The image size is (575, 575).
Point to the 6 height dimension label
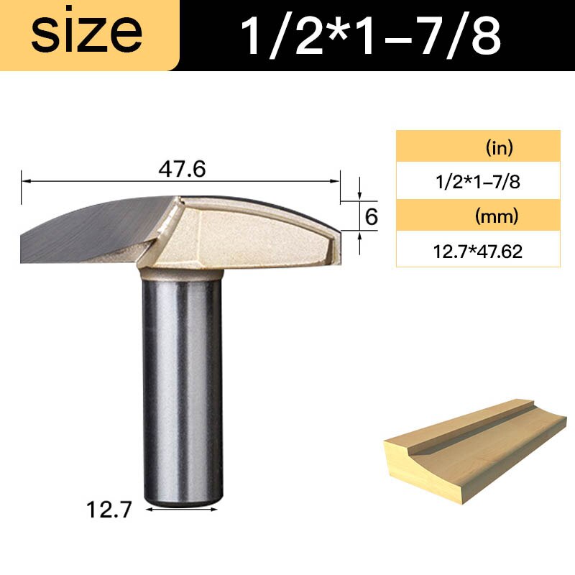372,216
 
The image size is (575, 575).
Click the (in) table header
478,149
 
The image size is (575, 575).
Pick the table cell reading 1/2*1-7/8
478,183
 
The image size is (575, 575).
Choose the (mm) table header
478,216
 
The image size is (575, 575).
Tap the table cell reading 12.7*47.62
478,251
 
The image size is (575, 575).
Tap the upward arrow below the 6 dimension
359,236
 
